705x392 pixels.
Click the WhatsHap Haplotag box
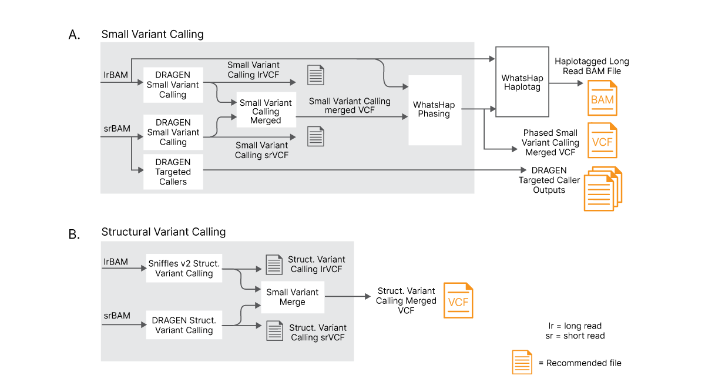click(522, 82)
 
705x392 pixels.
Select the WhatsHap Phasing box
click(434, 110)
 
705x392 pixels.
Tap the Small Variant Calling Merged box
click(266, 112)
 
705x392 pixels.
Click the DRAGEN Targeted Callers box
click(173, 172)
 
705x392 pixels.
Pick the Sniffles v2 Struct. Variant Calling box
click(184, 269)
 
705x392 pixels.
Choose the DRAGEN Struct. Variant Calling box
click(184, 325)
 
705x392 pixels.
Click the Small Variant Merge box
click(293, 297)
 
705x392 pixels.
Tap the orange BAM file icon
click(602, 98)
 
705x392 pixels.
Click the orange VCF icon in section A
click(602, 140)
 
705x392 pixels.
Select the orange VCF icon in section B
click(458, 300)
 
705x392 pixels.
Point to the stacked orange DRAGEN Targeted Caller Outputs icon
click(602, 189)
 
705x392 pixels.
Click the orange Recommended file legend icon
click(522, 362)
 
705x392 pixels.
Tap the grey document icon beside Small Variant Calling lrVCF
click(315, 75)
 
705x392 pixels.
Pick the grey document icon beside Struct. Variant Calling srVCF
click(274, 330)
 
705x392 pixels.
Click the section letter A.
click(75, 35)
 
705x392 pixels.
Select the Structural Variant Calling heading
click(163, 232)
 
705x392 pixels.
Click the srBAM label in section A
click(116, 128)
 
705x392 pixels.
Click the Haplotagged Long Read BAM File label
click(592, 66)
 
